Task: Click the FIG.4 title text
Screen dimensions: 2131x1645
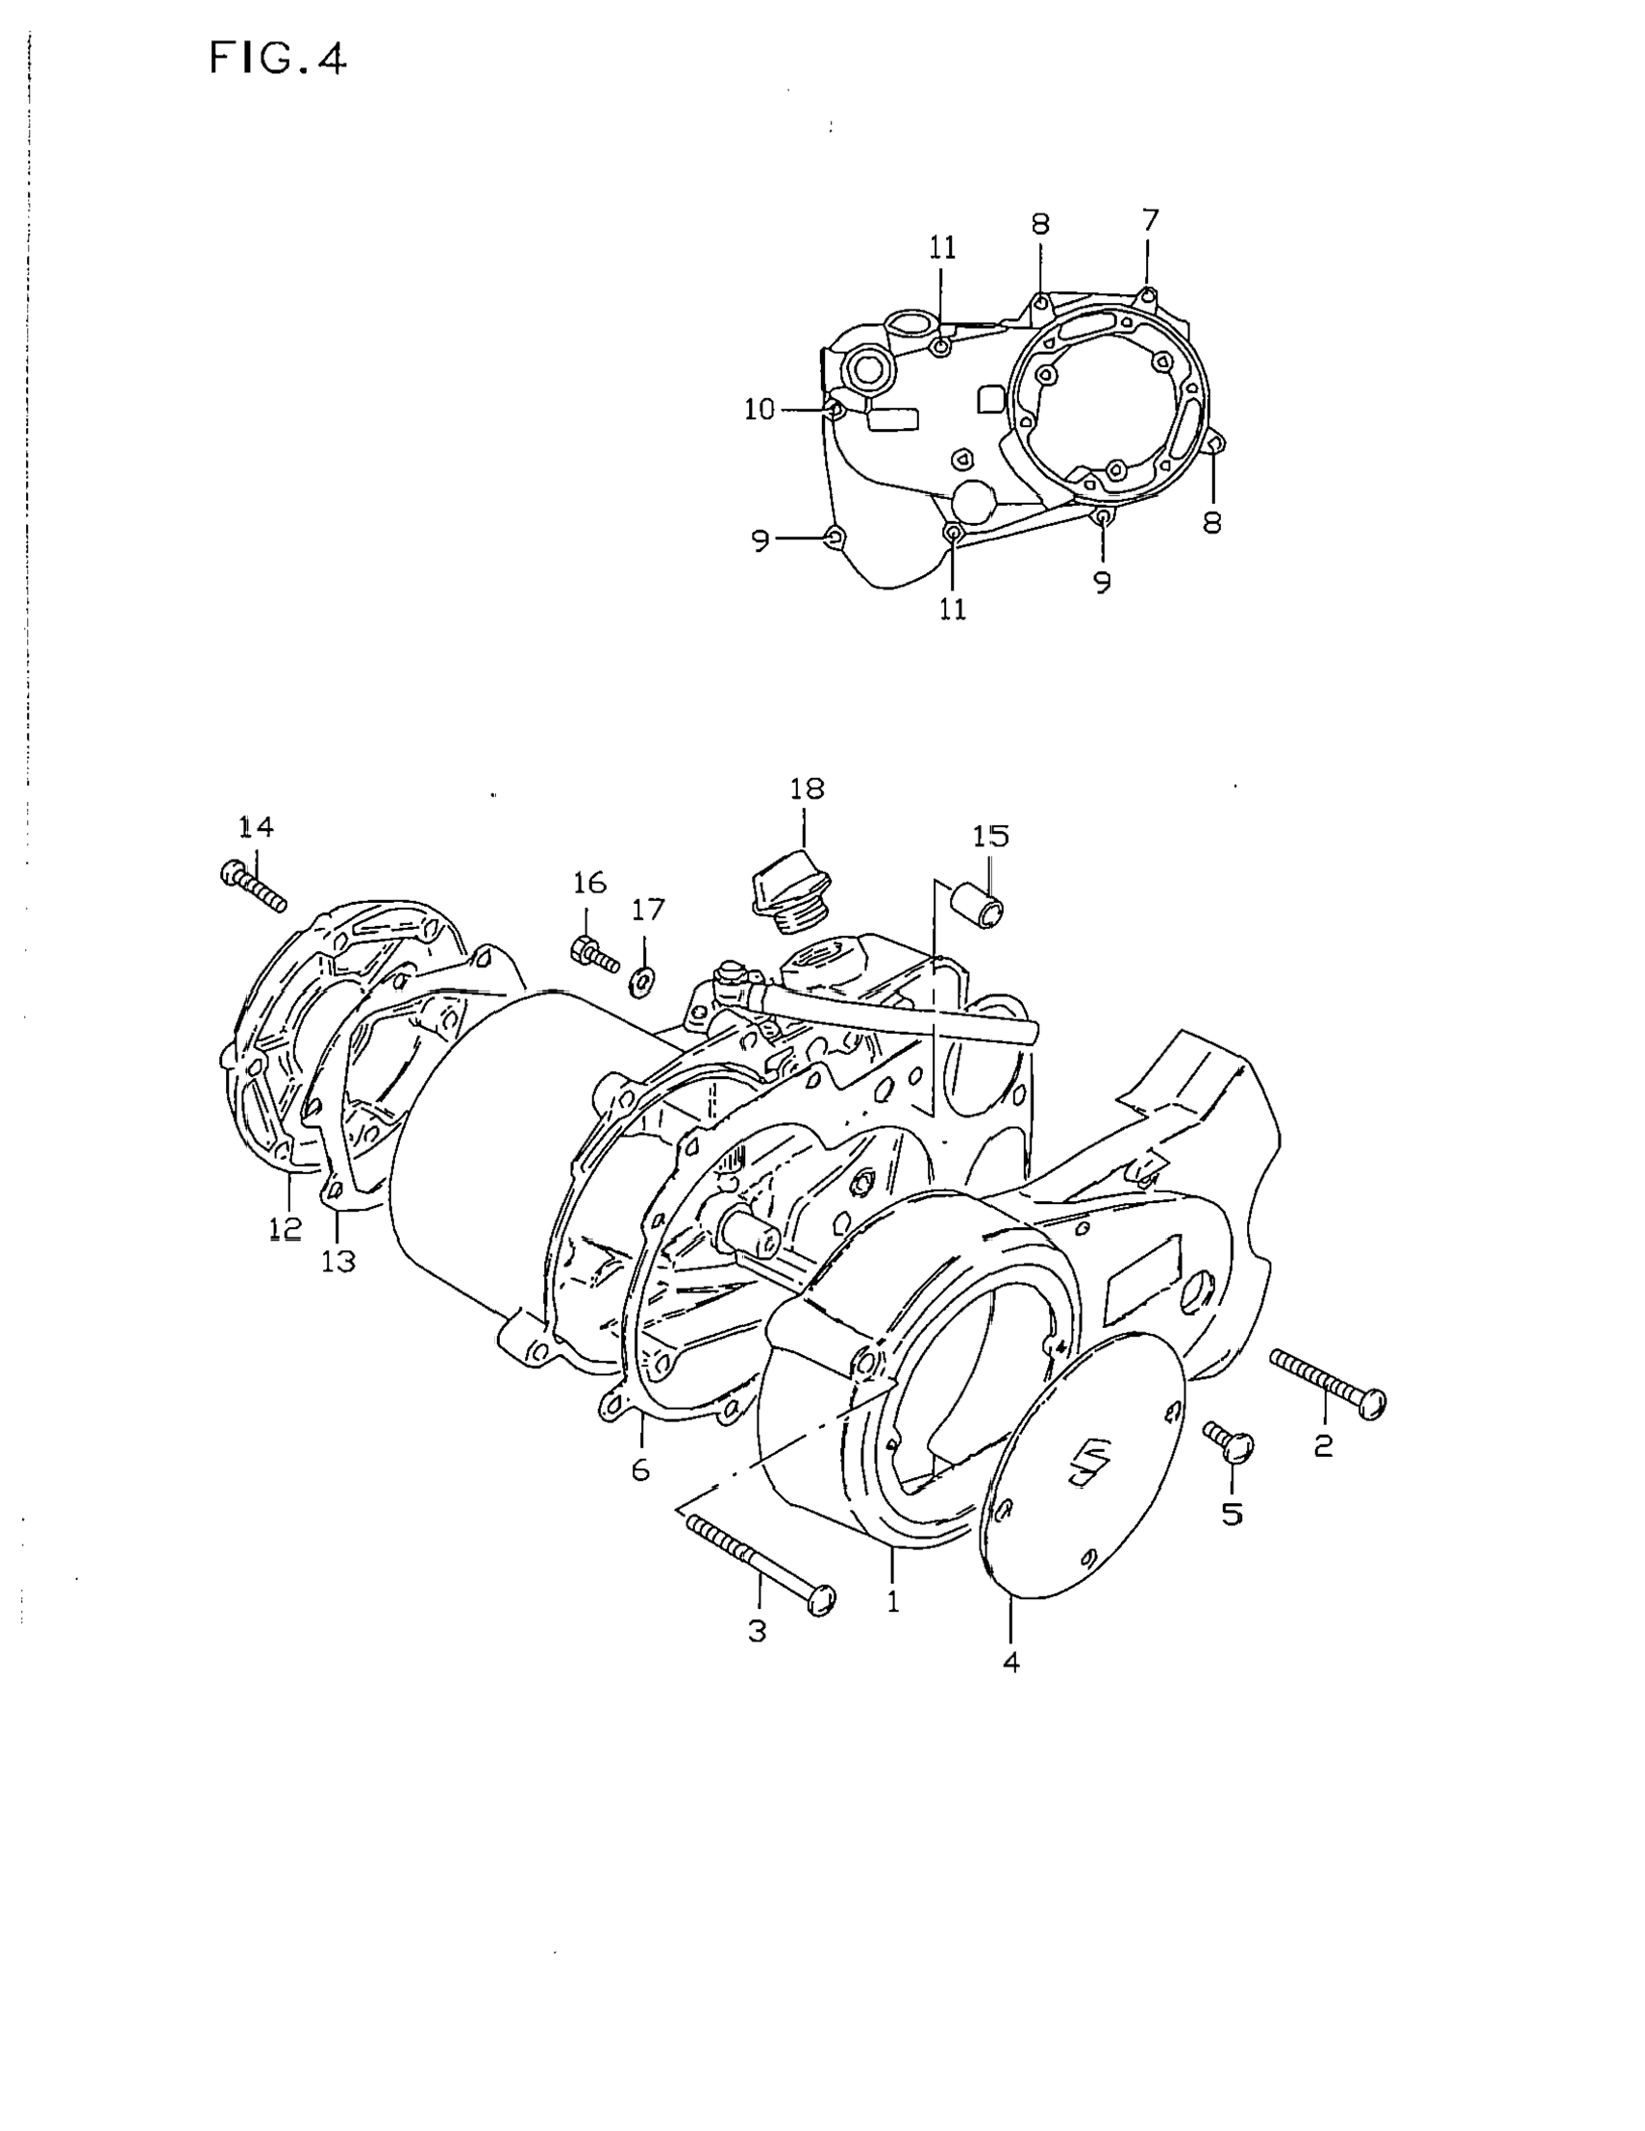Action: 278,60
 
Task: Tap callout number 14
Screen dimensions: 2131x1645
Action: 257,827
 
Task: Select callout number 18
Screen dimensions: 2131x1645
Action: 806,789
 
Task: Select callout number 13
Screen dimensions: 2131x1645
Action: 338,1262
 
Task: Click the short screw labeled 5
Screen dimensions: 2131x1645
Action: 1231,1442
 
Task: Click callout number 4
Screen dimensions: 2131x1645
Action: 1011,1662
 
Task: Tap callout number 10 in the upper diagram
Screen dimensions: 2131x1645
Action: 760,410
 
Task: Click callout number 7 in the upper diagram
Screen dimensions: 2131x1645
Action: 1149,220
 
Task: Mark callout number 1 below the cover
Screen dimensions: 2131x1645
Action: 893,1601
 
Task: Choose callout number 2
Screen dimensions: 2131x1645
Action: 1323,1446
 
